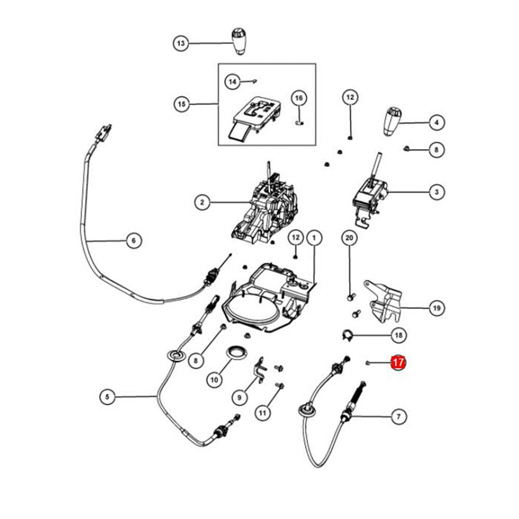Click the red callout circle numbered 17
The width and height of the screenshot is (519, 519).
(x=398, y=362)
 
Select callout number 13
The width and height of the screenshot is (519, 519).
(x=181, y=44)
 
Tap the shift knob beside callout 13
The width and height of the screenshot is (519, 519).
(x=239, y=42)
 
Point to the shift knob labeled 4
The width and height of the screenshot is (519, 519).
(x=392, y=122)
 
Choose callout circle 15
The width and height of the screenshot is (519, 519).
(x=181, y=104)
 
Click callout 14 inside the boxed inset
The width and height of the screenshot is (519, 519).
(x=233, y=81)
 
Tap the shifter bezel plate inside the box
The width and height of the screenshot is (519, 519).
(x=253, y=115)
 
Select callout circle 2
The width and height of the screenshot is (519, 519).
(x=202, y=201)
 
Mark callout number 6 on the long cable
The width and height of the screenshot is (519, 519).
(x=133, y=240)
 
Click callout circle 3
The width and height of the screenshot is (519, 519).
(x=436, y=193)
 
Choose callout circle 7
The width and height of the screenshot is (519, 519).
(x=398, y=416)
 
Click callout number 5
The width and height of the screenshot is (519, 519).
(x=107, y=397)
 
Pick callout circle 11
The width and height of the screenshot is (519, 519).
(x=263, y=413)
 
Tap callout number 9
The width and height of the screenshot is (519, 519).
(x=239, y=398)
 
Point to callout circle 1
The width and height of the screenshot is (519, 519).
(x=313, y=238)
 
